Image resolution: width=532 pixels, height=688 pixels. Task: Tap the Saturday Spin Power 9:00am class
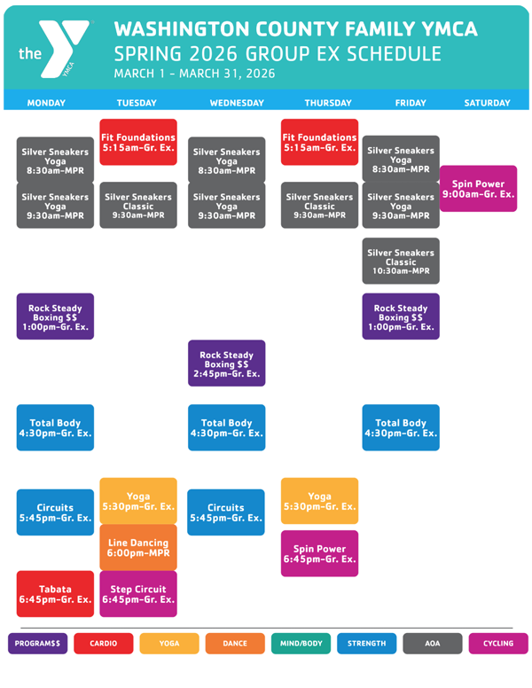[x=478, y=189]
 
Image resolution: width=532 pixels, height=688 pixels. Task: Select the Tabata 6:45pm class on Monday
[x=55, y=594]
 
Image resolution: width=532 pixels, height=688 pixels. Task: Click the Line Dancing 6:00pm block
[x=137, y=547]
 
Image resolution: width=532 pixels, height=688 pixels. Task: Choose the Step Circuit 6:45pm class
[x=137, y=594]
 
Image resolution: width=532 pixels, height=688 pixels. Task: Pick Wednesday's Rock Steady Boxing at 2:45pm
[x=226, y=364]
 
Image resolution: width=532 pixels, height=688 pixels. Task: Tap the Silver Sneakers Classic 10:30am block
[x=401, y=262]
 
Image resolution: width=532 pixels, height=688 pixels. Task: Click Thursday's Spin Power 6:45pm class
[x=319, y=554]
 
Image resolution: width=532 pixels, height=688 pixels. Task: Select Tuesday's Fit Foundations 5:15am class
[x=137, y=142]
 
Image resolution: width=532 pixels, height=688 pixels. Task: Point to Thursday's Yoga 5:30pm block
[x=319, y=501]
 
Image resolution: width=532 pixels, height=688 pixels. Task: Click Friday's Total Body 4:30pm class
[x=401, y=428]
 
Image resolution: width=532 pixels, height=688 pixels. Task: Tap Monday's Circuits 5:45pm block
[x=55, y=512]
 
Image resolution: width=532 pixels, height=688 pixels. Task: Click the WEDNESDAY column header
[x=237, y=103]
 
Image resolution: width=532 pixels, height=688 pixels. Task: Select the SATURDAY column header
[x=487, y=103]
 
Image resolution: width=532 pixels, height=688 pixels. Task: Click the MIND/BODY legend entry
[x=301, y=644]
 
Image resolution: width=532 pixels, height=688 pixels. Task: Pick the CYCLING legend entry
[x=498, y=644]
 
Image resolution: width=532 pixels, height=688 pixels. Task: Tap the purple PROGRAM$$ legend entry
[x=38, y=644]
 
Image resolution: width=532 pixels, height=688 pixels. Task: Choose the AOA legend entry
[x=433, y=644]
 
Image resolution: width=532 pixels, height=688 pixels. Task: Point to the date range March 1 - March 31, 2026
[x=194, y=74]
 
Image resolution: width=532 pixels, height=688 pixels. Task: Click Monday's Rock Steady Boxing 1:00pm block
[x=55, y=317]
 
